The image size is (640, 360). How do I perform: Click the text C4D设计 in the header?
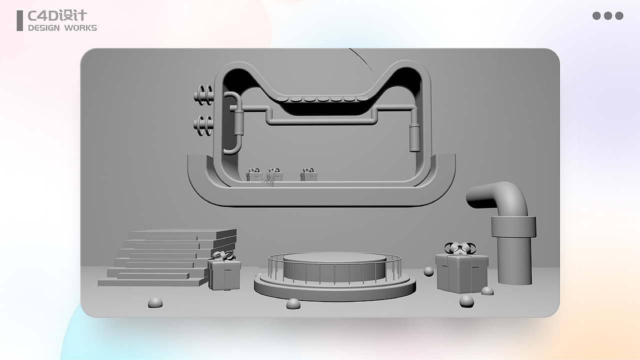tap(57, 15)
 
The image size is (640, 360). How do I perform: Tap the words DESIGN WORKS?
tap(62, 28)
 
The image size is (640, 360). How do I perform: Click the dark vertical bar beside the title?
tap(19, 20)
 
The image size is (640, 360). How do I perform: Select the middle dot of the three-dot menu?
tap(607, 15)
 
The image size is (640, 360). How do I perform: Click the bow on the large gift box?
tap(460, 248)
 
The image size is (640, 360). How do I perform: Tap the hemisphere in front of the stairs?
tap(155, 302)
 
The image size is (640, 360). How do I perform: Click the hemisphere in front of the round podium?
tap(293, 303)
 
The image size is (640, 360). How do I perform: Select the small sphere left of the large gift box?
tap(428, 271)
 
